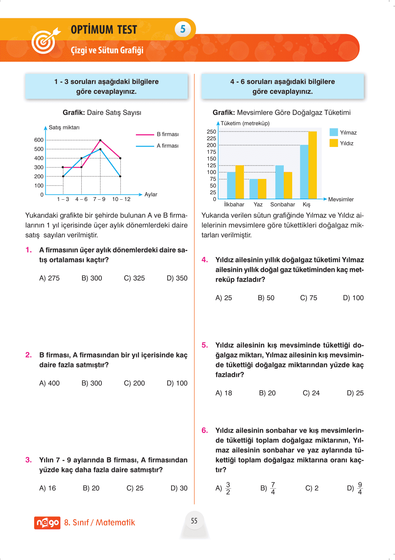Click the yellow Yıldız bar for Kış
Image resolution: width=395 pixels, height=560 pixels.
pyautogui.click(x=312, y=165)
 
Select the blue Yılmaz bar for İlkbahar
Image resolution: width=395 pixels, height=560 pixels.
pyautogui.click(x=231, y=185)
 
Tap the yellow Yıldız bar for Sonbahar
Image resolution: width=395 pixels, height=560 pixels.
pyautogui.click(x=288, y=185)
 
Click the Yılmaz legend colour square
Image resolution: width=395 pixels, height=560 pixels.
pyautogui.click(x=333, y=132)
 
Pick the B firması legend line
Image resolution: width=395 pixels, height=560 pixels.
pyautogui.click(x=145, y=134)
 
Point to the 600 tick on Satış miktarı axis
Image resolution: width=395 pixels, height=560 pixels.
pyautogui.click(x=39, y=140)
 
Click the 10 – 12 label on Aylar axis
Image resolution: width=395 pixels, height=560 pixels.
pyautogui.click(x=121, y=199)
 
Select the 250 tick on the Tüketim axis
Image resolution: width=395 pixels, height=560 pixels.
pyautogui.click(x=211, y=131)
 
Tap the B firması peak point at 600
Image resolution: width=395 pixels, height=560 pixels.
pyautogui.click(x=100, y=140)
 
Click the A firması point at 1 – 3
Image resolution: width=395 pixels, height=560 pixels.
pyautogui.click(x=63, y=176)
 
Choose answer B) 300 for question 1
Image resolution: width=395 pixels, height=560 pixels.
pyautogui.click(x=92, y=278)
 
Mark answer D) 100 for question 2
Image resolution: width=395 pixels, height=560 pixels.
pyautogui.click(x=177, y=383)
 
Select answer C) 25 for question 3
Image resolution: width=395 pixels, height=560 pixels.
pyautogui.click(x=135, y=488)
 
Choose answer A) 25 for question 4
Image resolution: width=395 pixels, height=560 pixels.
pyautogui.click(x=224, y=298)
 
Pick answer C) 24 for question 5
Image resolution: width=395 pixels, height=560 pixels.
pyautogui.click(x=311, y=393)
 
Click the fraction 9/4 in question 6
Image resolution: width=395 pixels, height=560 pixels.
pyautogui.click(x=359, y=488)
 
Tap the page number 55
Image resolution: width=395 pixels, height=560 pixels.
pyautogui.click(x=194, y=521)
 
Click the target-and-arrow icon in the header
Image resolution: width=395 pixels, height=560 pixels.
pyautogui.click(x=45, y=41)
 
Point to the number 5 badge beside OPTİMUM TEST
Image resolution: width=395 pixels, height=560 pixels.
pyautogui.click(x=183, y=29)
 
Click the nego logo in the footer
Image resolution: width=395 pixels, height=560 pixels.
pyautogui.click(x=47, y=523)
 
